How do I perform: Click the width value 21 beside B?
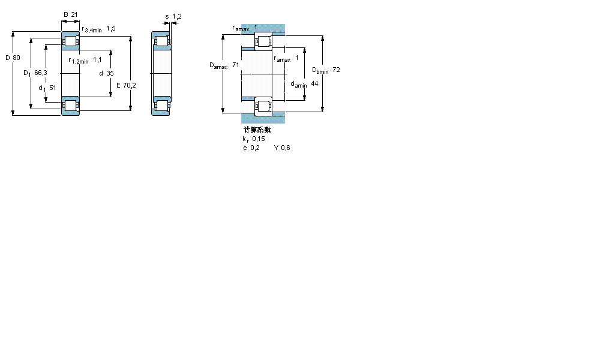tap(75, 14)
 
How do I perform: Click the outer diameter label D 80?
tap(13, 58)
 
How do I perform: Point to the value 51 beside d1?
tap(53, 88)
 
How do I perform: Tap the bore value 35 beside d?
tap(110, 73)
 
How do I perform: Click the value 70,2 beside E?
tap(130, 85)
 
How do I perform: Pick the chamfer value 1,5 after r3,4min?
tap(110, 28)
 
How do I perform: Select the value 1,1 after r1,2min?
tap(97, 59)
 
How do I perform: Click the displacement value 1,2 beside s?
tap(176, 16)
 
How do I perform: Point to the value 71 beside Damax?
tap(236, 64)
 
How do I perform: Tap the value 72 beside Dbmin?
tap(337, 70)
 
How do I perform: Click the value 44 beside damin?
tap(314, 83)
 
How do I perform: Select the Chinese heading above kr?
tap(257, 130)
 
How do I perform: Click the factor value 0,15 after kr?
tap(259, 139)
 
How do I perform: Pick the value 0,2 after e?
tap(256, 148)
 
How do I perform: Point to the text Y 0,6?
tap(282, 148)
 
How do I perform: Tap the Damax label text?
tap(218, 65)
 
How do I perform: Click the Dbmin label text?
tap(320, 71)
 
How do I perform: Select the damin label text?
tap(299, 85)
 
